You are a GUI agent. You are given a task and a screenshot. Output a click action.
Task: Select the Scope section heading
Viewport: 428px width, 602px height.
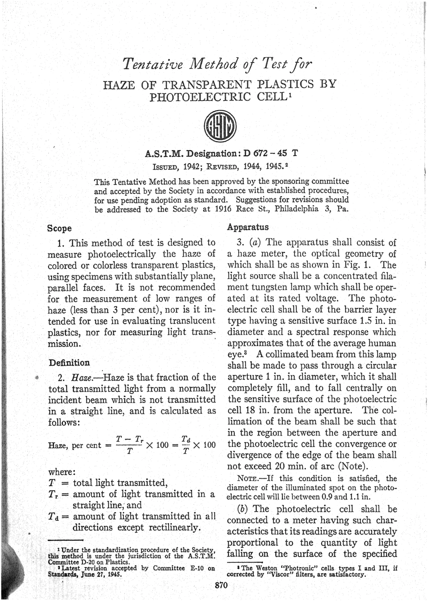pos(59,228)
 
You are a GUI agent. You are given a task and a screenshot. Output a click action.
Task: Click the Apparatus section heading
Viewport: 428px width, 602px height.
pos(248,227)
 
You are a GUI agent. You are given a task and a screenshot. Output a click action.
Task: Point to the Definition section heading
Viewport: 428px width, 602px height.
pos(69,363)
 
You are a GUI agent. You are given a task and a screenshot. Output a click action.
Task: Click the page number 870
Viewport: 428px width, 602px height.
pos(222,585)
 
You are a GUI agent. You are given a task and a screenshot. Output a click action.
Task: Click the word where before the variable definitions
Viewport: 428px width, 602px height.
pos(61,472)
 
